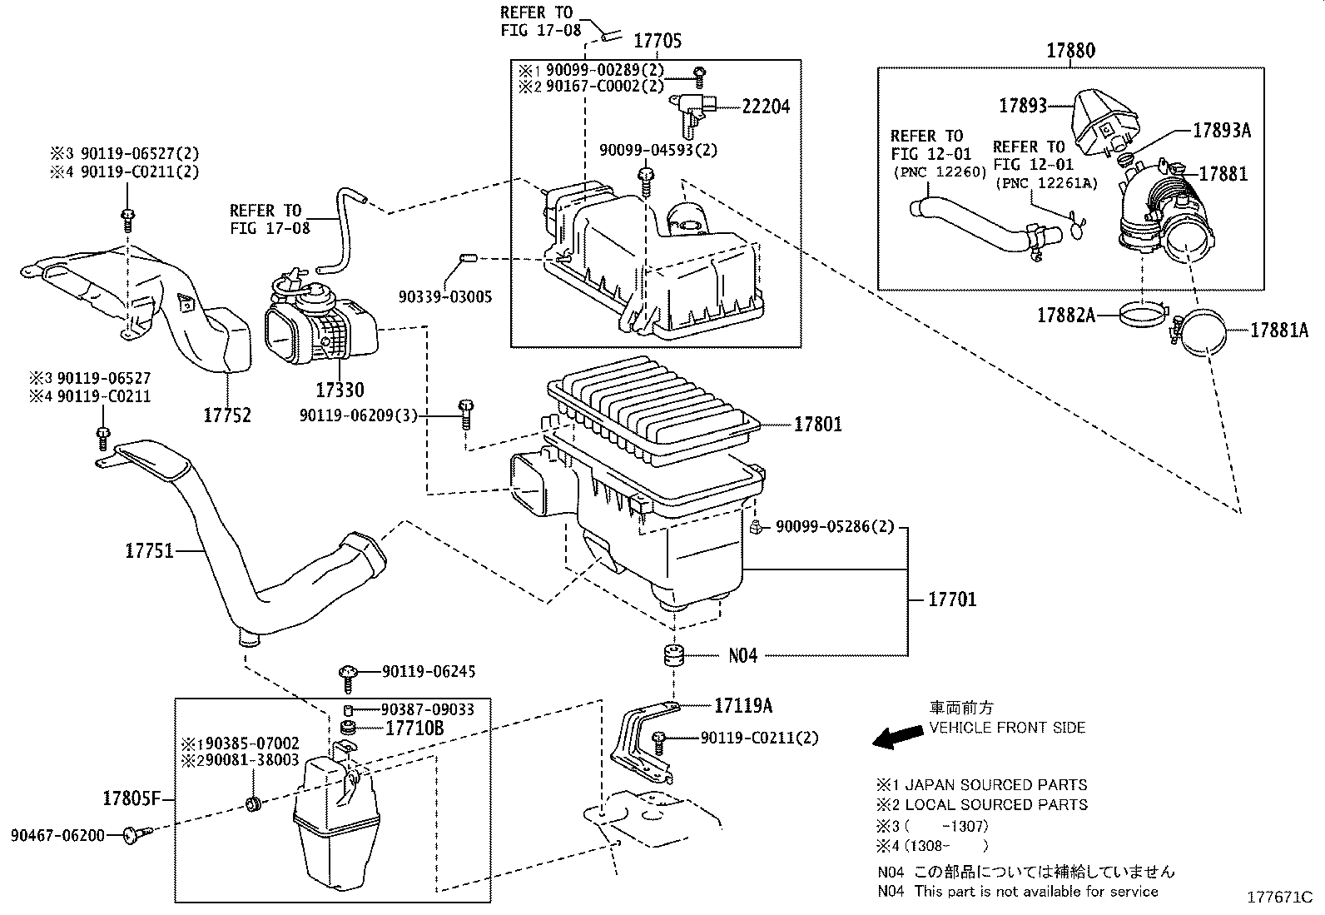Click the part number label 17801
click(x=817, y=425)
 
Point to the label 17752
click(x=227, y=415)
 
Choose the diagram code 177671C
click(x=1278, y=898)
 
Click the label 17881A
click(x=1280, y=331)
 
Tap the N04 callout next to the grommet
click(x=743, y=656)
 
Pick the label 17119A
click(x=743, y=706)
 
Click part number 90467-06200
click(x=58, y=834)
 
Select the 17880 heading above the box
click(x=1070, y=51)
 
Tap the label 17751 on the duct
click(x=150, y=550)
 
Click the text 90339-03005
click(x=444, y=296)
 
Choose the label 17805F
click(x=131, y=799)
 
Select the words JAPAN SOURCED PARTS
click(x=995, y=785)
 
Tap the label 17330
click(x=339, y=389)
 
